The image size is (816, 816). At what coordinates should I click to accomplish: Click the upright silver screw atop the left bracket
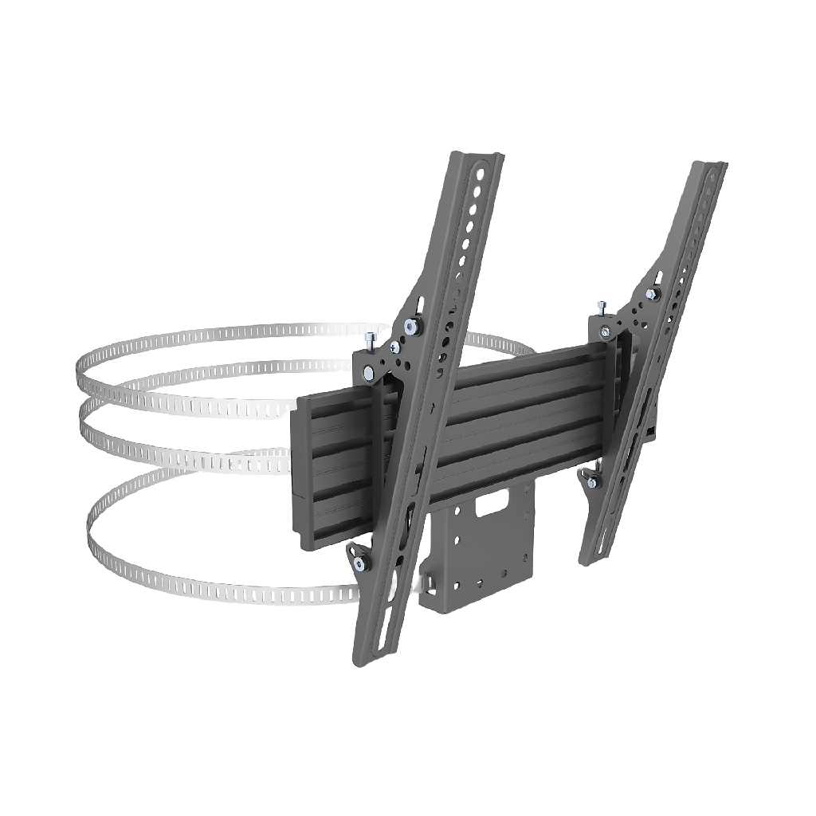tap(371, 341)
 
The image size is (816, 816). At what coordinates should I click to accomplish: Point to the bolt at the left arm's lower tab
tap(360, 565)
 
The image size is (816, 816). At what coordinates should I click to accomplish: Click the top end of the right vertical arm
tap(712, 166)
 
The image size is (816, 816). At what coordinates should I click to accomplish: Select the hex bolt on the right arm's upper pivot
tap(651, 295)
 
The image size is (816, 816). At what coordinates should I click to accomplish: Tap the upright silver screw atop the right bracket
tap(602, 306)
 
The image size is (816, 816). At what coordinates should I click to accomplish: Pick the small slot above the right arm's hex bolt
tap(659, 277)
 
